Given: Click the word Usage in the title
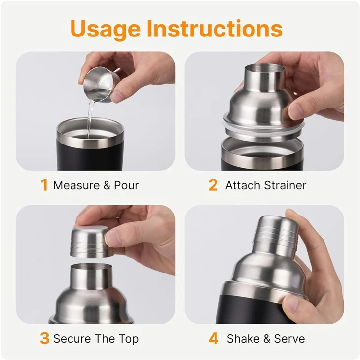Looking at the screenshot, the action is point(106,30).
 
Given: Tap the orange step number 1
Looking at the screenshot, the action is point(44,185).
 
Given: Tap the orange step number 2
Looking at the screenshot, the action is point(213,185).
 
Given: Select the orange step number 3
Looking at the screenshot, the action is point(44,338).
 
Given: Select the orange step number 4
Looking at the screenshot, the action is point(214,338).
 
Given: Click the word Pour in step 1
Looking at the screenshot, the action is point(126,185).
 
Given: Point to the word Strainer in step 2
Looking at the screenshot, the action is point(285,185).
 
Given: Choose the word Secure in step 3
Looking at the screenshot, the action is point(72,339).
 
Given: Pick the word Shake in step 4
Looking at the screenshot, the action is point(243,339).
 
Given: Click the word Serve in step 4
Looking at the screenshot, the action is point(289,339).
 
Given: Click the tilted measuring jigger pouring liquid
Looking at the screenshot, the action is point(101,84).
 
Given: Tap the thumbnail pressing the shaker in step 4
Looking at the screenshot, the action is point(291,303).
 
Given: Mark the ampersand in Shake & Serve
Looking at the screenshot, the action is point(267,339).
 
